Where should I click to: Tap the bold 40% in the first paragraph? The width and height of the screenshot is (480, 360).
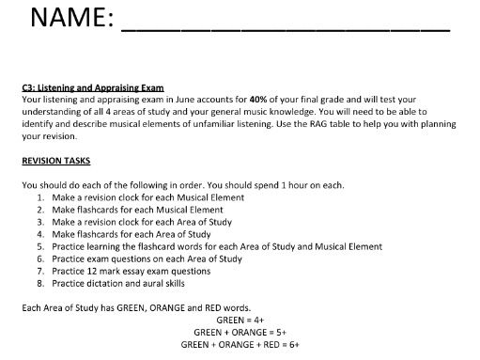point(261,98)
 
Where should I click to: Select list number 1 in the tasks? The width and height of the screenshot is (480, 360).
point(41,197)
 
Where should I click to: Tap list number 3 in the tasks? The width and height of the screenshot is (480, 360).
point(41,222)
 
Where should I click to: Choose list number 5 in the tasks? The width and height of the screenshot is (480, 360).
point(41,246)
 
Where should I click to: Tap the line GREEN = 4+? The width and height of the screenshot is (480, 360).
point(240,321)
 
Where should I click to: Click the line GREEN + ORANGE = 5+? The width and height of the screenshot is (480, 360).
point(240,333)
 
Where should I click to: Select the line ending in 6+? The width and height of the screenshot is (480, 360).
point(240,345)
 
